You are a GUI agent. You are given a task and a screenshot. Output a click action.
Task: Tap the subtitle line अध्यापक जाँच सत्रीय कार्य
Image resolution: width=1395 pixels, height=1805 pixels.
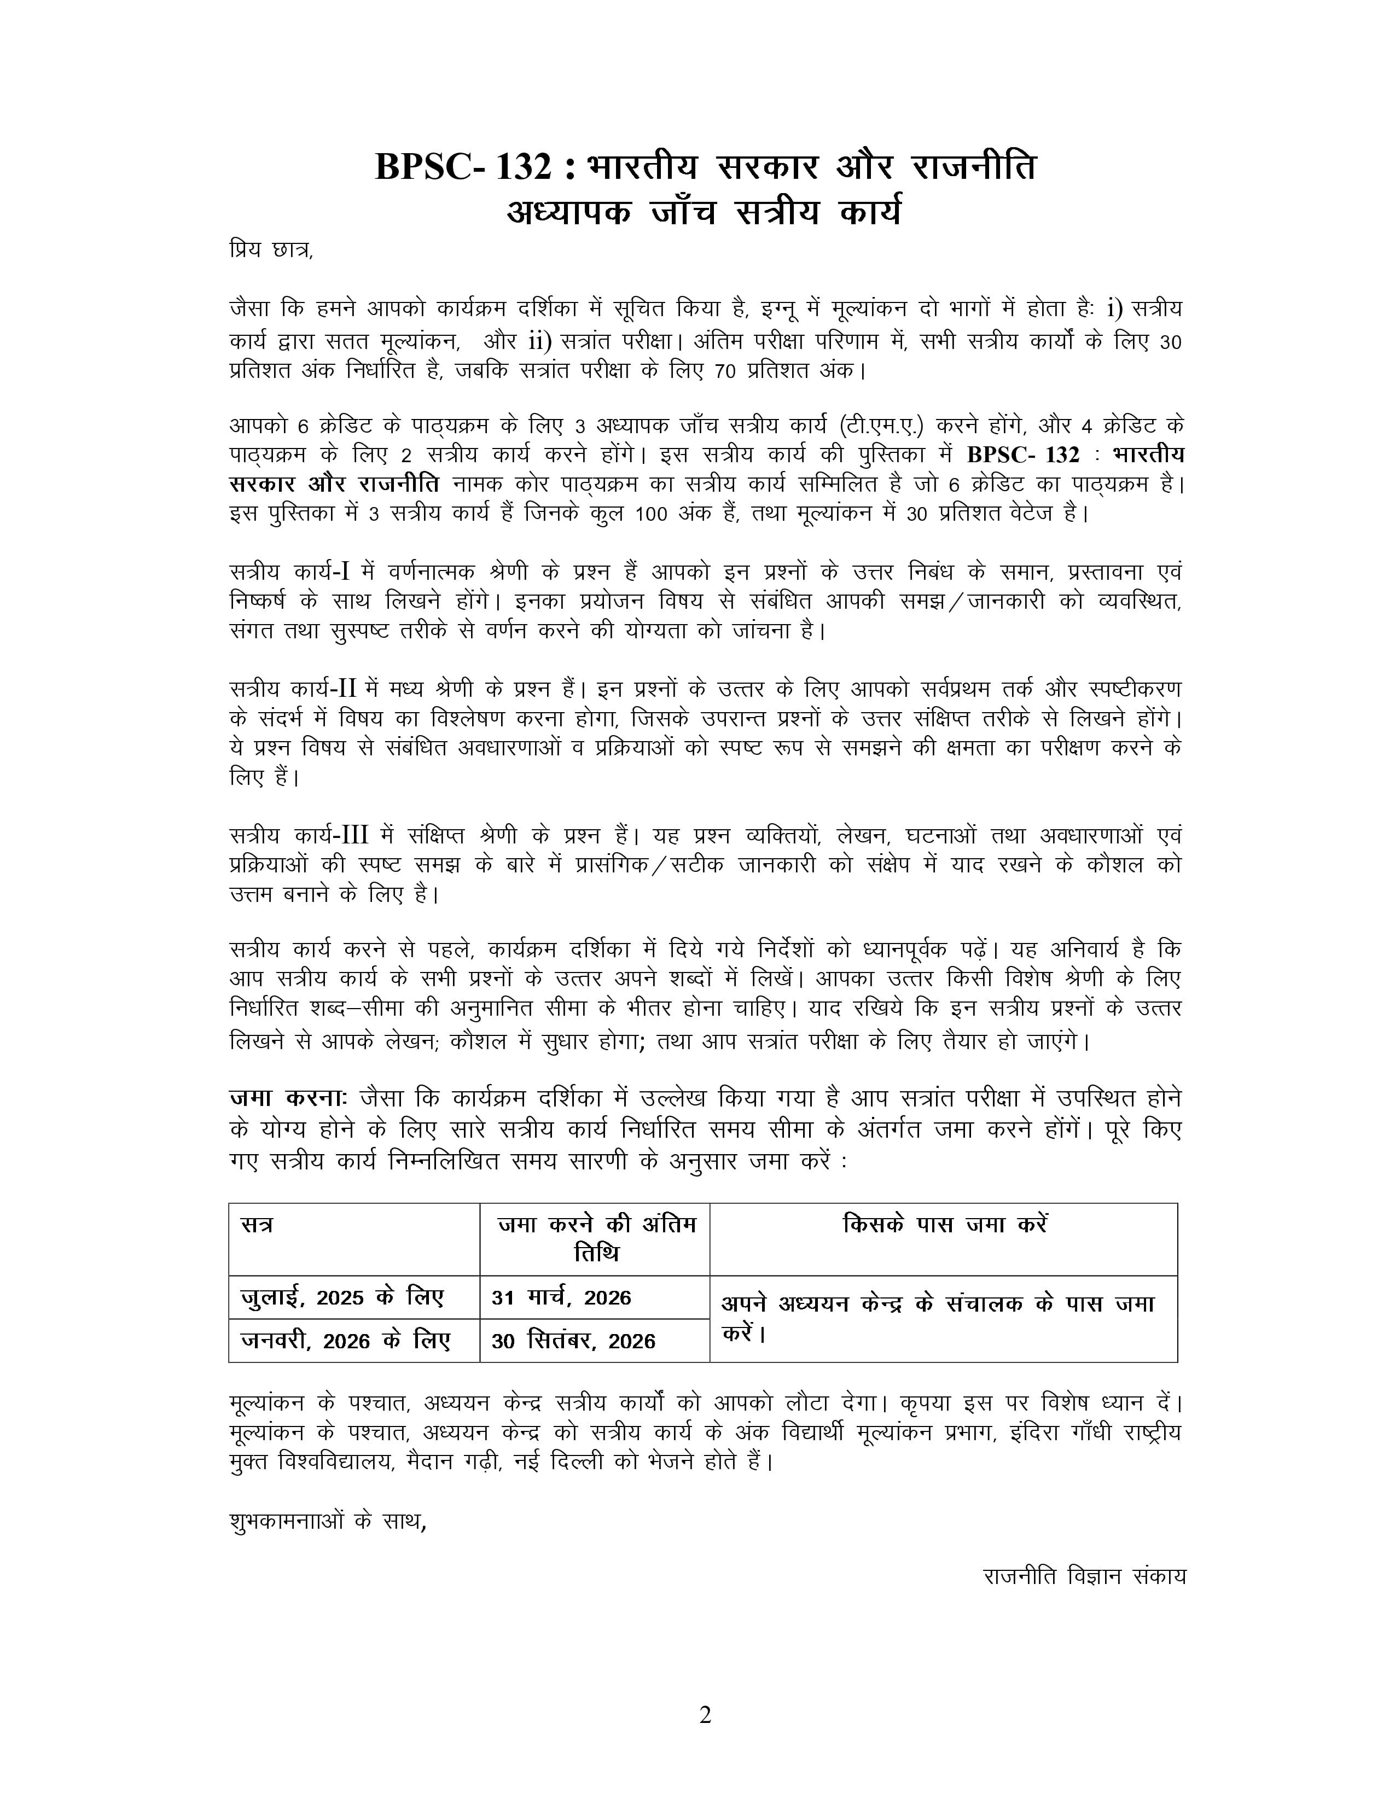(704, 212)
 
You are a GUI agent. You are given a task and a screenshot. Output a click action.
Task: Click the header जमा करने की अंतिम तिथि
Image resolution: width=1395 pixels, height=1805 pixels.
(596, 1238)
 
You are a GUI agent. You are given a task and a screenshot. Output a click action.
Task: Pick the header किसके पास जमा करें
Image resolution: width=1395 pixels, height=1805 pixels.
(944, 1225)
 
